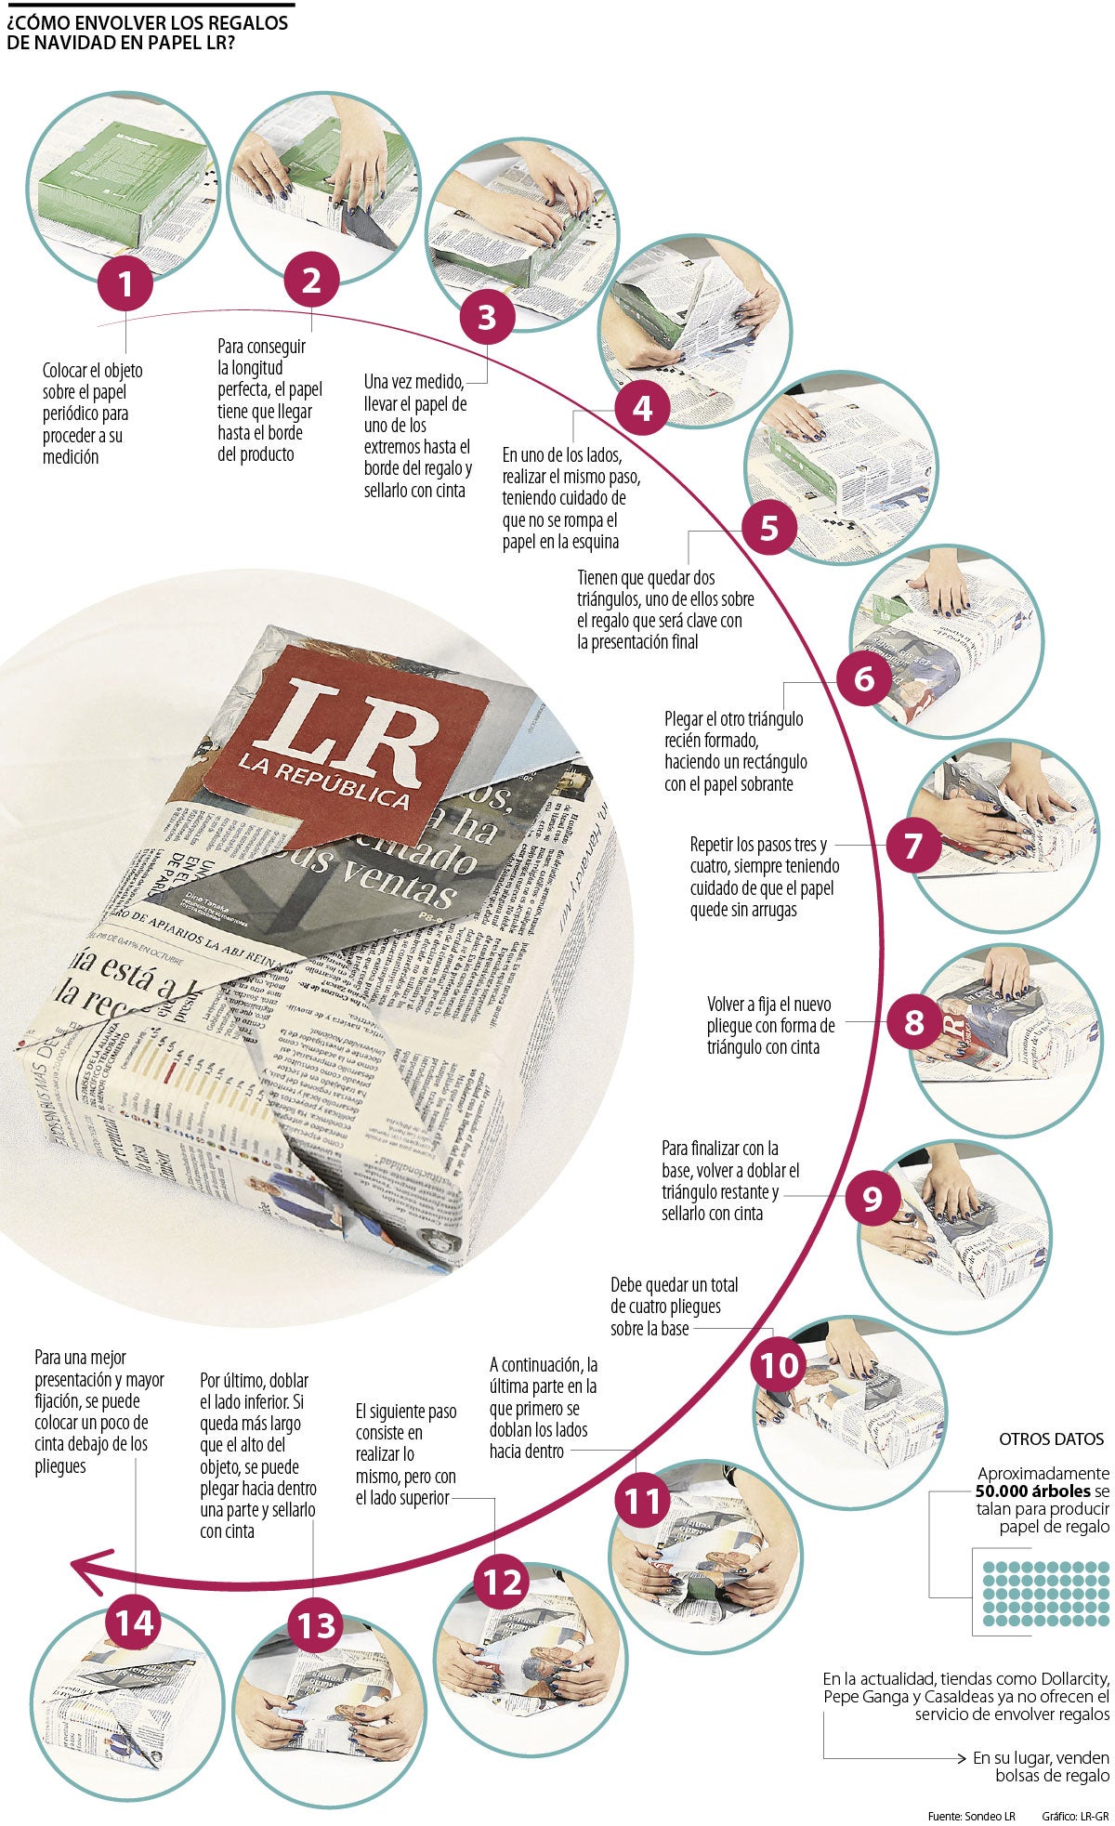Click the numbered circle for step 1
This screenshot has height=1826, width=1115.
click(x=125, y=284)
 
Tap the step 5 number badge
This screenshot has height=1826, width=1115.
click(x=768, y=528)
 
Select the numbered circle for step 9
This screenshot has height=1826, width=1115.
click(x=872, y=1198)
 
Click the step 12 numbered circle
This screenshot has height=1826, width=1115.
click(x=502, y=1582)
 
